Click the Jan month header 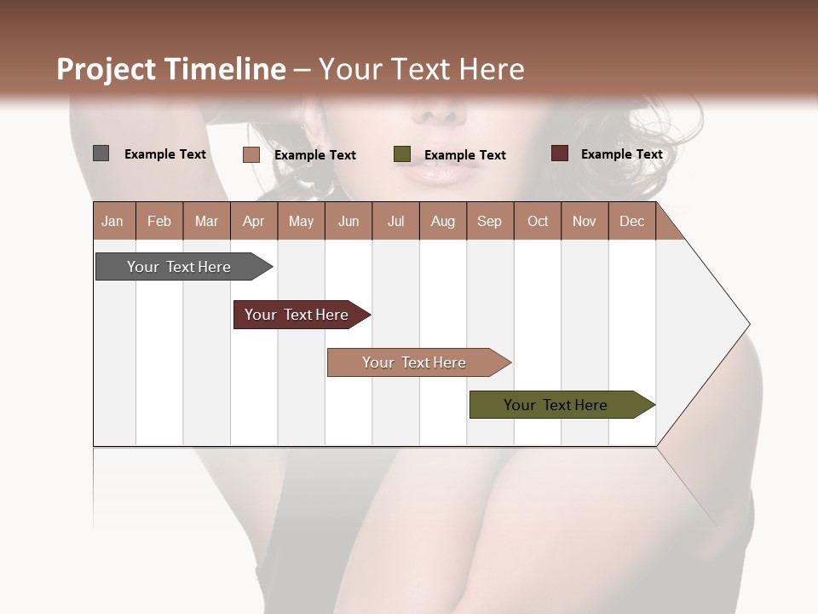point(112,221)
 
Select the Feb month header point(159,221)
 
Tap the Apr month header point(253,221)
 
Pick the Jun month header point(349,221)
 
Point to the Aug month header point(442,221)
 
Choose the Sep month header point(489,221)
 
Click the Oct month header point(538,221)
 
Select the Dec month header point(631,221)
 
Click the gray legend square point(101,153)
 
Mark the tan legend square point(251,154)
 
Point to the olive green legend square point(402,154)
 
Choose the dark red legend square point(559,153)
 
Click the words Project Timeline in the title point(171,69)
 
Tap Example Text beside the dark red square point(621,154)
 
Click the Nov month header point(584,221)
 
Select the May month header point(301,221)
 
